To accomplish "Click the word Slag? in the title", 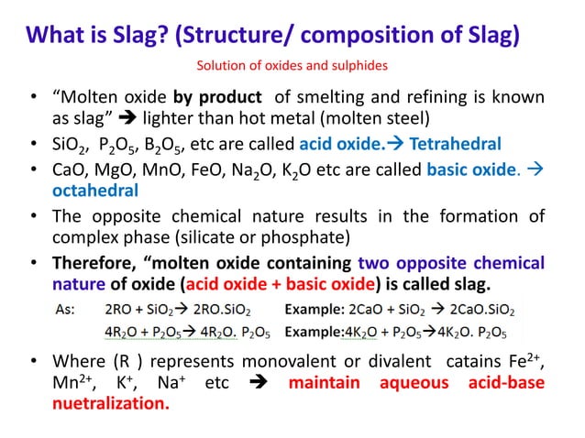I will coord(154,35).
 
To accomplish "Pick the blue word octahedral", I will coord(95,191).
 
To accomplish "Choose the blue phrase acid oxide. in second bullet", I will coord(347,144).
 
